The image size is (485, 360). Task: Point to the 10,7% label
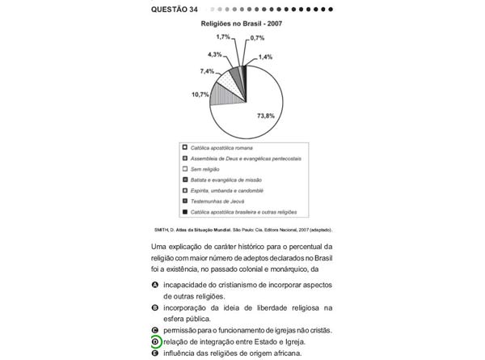(200, 95)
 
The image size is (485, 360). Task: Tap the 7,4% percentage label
(208, 71)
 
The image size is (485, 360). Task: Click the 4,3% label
(215, 54)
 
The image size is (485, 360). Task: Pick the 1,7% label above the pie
(223, 37)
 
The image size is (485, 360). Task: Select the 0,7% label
(257, 38)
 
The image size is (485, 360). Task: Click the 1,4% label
(265, 57)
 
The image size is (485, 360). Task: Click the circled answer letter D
(154, 342)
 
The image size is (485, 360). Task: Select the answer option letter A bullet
(154, 286)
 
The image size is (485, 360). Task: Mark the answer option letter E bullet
(154, 354)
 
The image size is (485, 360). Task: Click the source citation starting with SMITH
(242, 229)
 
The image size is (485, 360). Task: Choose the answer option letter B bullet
(154, 308)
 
